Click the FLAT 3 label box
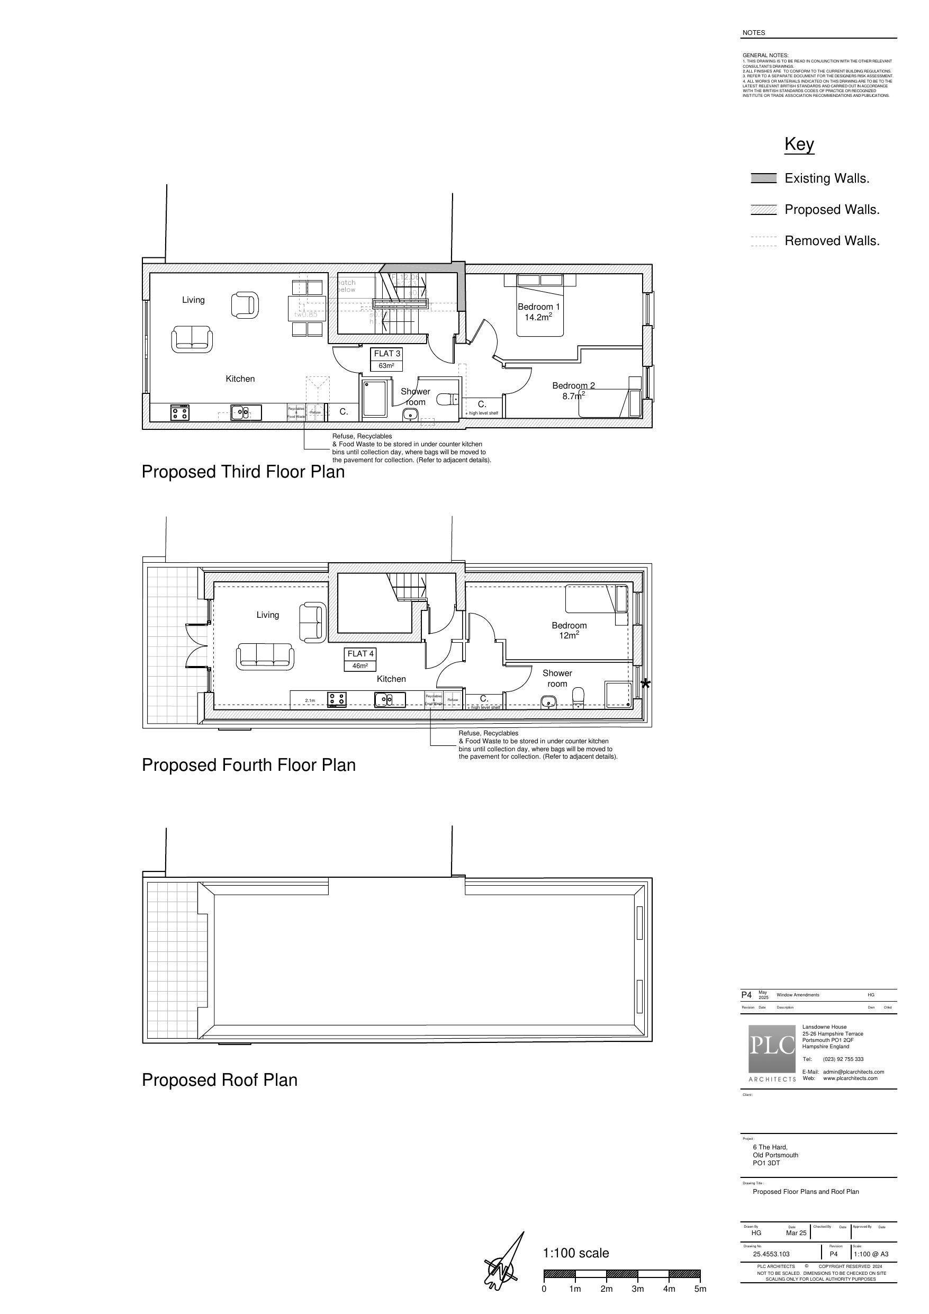387,359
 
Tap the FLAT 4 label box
360,659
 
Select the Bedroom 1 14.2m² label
539,312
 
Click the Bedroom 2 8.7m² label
573,390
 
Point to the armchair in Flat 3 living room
245,304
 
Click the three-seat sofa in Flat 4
265,656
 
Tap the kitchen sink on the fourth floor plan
390,699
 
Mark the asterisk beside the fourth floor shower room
645,683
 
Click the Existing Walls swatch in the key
763,178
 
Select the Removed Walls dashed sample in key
763,241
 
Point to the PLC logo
772,1048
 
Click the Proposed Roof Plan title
219,1080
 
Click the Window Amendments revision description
797,995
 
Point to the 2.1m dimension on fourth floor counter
310,700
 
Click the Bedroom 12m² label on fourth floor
569,630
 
